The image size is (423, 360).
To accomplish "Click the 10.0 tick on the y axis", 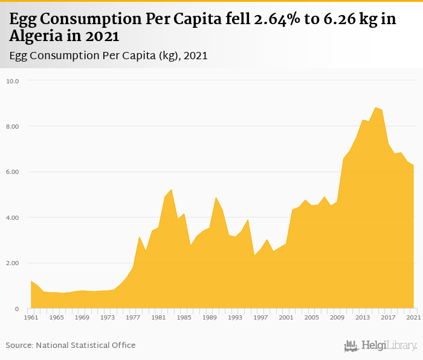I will [x=13, y=81].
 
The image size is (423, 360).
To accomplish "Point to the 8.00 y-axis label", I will [x=13, y=126].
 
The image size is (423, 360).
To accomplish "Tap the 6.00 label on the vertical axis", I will [x=13, y=172].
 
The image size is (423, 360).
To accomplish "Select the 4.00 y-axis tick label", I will [x=13, y=217].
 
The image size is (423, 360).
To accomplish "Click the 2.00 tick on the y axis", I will [x=13, y=263].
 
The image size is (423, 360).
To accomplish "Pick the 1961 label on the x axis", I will [x=31, y=317].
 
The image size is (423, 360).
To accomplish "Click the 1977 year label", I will [x=133, y=317].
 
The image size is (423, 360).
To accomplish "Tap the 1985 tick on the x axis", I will [x=184, y=317].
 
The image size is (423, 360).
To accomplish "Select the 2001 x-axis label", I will [x=286, y=317].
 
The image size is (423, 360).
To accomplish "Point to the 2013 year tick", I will [x=363, y=317].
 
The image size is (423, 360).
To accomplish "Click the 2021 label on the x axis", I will [x=413, y=317].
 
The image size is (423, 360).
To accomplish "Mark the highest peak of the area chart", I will [x=375, y=108].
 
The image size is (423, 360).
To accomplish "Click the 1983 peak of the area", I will [x=171, y=190].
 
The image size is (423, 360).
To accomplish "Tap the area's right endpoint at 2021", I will [x=413, y=166].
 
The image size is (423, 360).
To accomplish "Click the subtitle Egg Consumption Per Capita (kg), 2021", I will [x=109, y=56].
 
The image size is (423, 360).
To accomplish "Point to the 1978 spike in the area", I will [x=140, y=237].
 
